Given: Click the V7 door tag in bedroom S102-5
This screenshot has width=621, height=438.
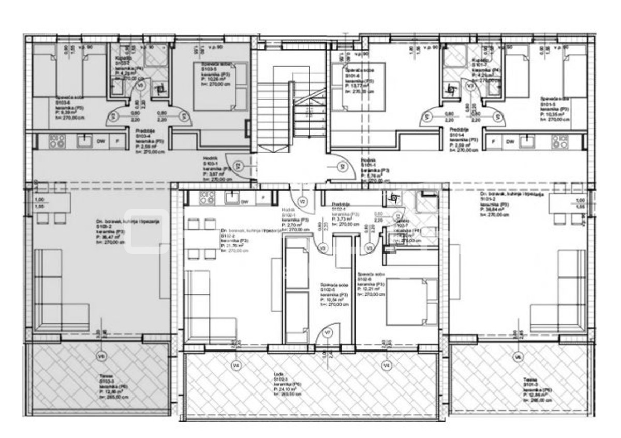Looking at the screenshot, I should click(x=327, y=333).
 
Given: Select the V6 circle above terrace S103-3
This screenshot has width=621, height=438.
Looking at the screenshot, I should click(x=101, y=356).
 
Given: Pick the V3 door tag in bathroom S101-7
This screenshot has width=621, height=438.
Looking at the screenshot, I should click(x=469, y=87).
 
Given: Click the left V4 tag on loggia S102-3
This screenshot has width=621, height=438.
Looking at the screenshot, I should click(x=236, y=366).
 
